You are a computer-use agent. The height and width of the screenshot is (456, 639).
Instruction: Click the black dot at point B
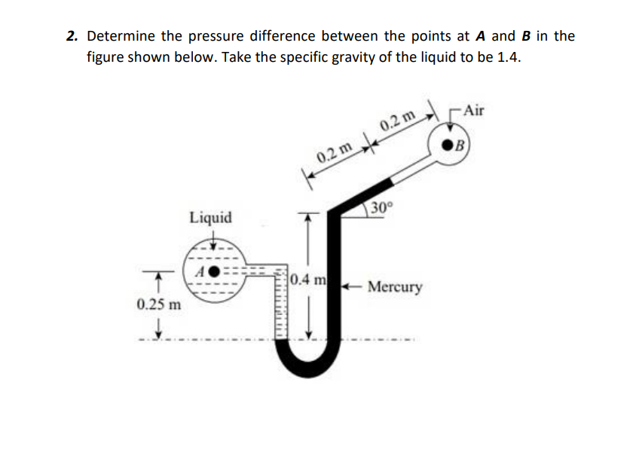pos(450,143)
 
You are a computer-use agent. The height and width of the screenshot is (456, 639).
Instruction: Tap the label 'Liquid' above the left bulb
pos(210,218)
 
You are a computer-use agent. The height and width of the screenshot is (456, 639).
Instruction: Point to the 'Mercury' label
pos(395,288)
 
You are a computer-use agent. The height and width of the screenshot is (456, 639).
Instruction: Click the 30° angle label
pos(382,208)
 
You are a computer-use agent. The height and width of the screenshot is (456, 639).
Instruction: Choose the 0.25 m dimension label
pos(159,305)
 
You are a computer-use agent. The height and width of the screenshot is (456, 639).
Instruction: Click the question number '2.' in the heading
pos(72,36)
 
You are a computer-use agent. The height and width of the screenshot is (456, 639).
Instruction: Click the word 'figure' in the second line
pos(108,58)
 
